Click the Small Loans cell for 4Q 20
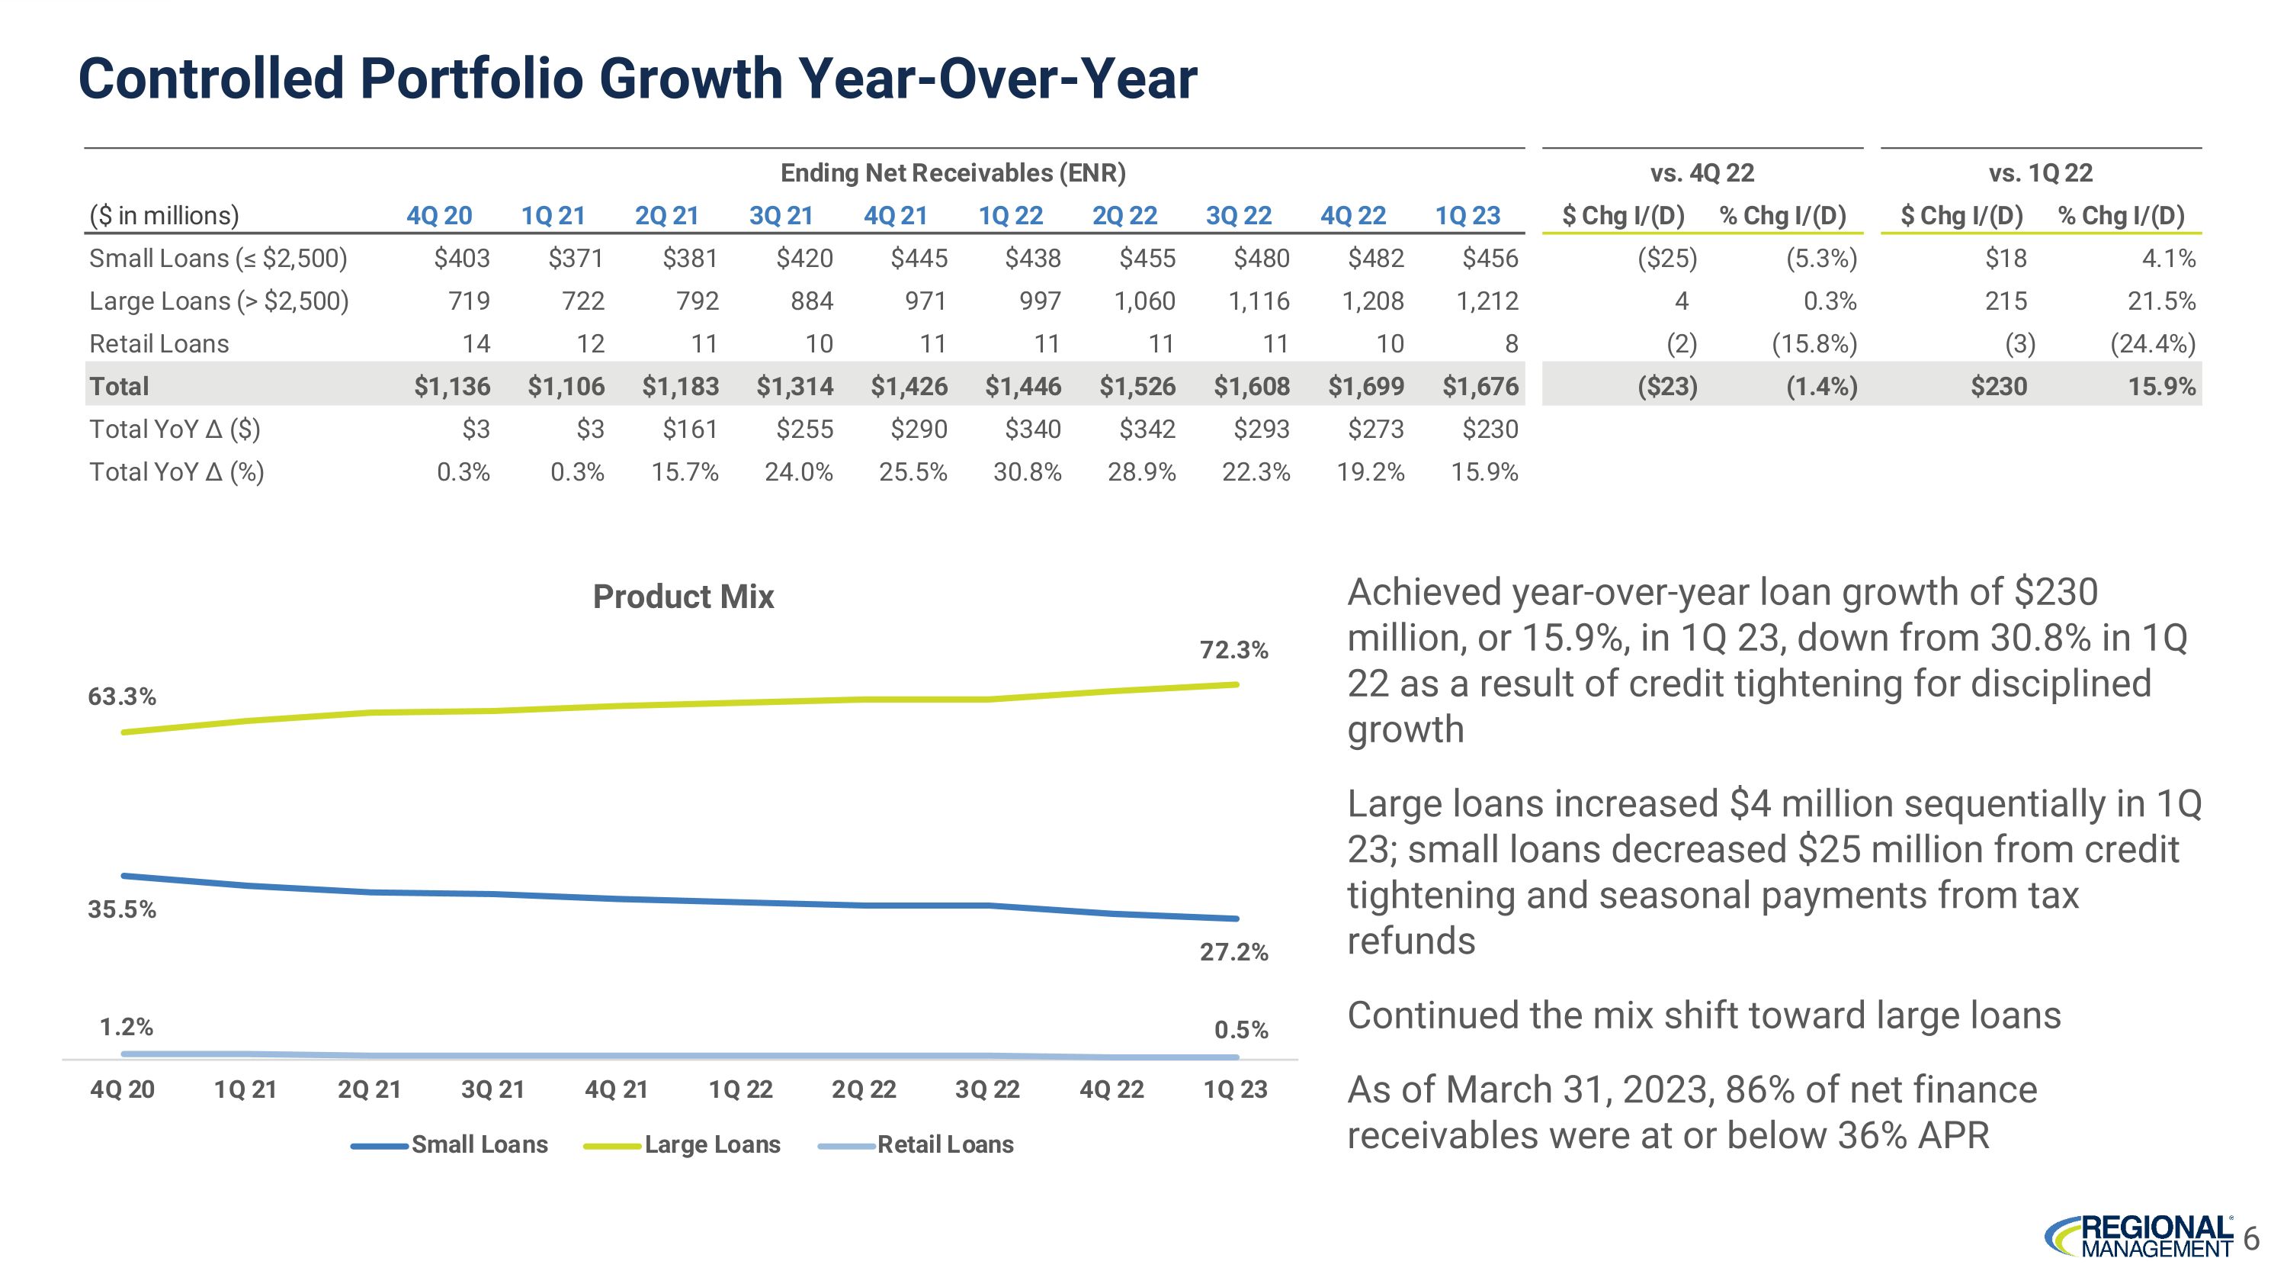[x=462, y=259]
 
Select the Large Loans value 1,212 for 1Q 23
[x=1487, y=301]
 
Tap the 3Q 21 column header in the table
[x=781, y=216]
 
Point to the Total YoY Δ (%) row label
[x=177, y=471]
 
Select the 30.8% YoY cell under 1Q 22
[x=1027, y=471]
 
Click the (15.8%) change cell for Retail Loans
[x=1814, y=344]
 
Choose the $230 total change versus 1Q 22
[x=1999, y=386]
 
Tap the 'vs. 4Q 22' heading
[x=1702, y=173]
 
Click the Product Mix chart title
[x=683, y=597]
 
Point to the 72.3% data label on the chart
[x=1234, y=650]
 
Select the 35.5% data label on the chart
[x=122, y=909]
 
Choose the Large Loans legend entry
[x=712, y=1145]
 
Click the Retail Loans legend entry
[x=945, y=1145]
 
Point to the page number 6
[x=2251, y=1238]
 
